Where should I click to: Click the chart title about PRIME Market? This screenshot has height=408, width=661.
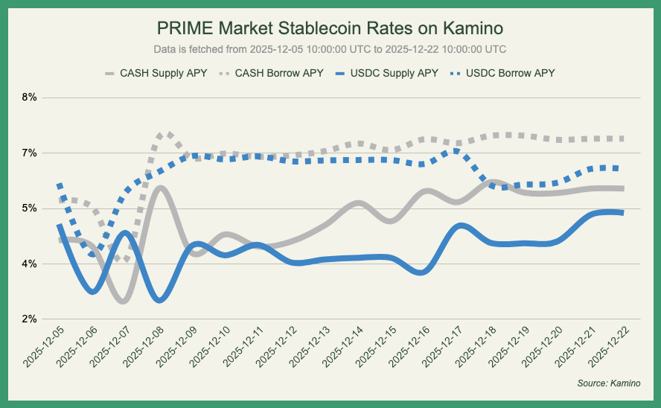pos(330,28)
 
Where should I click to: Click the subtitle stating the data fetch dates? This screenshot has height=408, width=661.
pos(330,49)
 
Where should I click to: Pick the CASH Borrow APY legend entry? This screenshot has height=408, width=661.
pos(272,74)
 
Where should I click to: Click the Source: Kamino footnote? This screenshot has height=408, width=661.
pos(608,383)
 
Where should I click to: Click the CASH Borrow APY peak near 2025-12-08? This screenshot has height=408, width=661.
pos(167,135)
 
